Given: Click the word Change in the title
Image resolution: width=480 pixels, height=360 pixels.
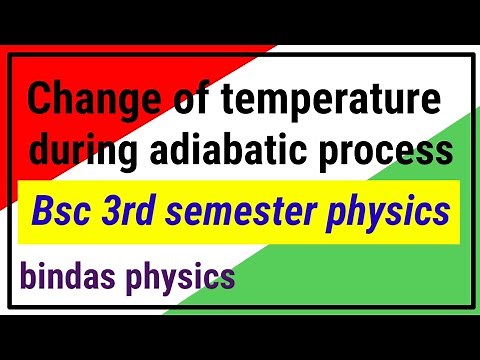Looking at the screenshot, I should [84, 104].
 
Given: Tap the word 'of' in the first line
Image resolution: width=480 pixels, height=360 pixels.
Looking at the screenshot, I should [165, 104].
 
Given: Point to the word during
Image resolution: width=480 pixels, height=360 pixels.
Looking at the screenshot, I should [80, 152].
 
